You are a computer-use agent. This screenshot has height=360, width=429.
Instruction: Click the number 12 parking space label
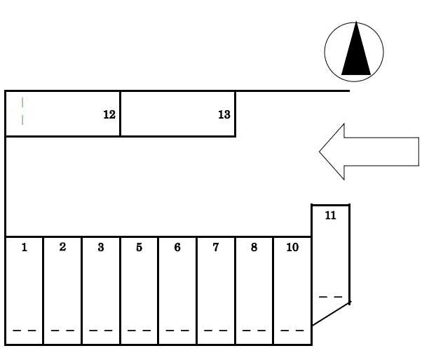tap(109, 114)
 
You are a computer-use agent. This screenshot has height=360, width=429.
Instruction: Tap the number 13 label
tap(224, 114)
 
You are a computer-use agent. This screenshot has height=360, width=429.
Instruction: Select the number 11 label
tap(331, 215)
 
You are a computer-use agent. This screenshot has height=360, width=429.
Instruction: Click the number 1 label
tap(25, 247)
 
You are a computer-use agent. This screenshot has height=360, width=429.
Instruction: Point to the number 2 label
tap(62, 247)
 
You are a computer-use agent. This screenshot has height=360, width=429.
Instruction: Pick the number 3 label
tap(101, 247)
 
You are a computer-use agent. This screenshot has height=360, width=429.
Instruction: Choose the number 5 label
tap(139, 247)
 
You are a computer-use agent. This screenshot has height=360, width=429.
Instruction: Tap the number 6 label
tap(177, 247)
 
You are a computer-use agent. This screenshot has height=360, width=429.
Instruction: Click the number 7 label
tap(216, 247)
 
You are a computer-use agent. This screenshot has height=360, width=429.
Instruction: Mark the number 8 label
tap(254, 247)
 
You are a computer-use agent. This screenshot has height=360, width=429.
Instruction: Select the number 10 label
tap(292, 247)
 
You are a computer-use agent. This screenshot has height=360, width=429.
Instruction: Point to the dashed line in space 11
tap(331, 298)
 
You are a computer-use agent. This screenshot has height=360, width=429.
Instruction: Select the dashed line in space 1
tap(25, 330)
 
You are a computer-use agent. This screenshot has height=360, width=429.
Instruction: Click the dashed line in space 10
tap(292, 330)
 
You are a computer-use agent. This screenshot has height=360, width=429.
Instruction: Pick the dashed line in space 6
tap(177, 330)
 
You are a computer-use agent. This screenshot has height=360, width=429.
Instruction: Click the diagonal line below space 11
tap(330, 314)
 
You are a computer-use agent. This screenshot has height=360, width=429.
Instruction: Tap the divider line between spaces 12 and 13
tap(120, 114)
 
